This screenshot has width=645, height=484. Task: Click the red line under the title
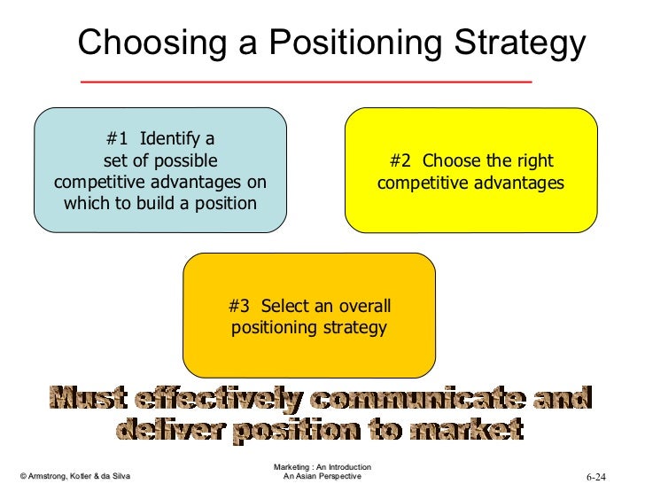(306, 82)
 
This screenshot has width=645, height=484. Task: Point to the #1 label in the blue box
(117, 139)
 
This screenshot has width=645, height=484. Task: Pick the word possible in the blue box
(185, 160)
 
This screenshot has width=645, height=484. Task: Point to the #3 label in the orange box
(239, 307)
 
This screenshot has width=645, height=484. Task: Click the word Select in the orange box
(285, 307)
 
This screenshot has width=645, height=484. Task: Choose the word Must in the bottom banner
(82, 400)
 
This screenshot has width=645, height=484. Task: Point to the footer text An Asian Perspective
(322, 477)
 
